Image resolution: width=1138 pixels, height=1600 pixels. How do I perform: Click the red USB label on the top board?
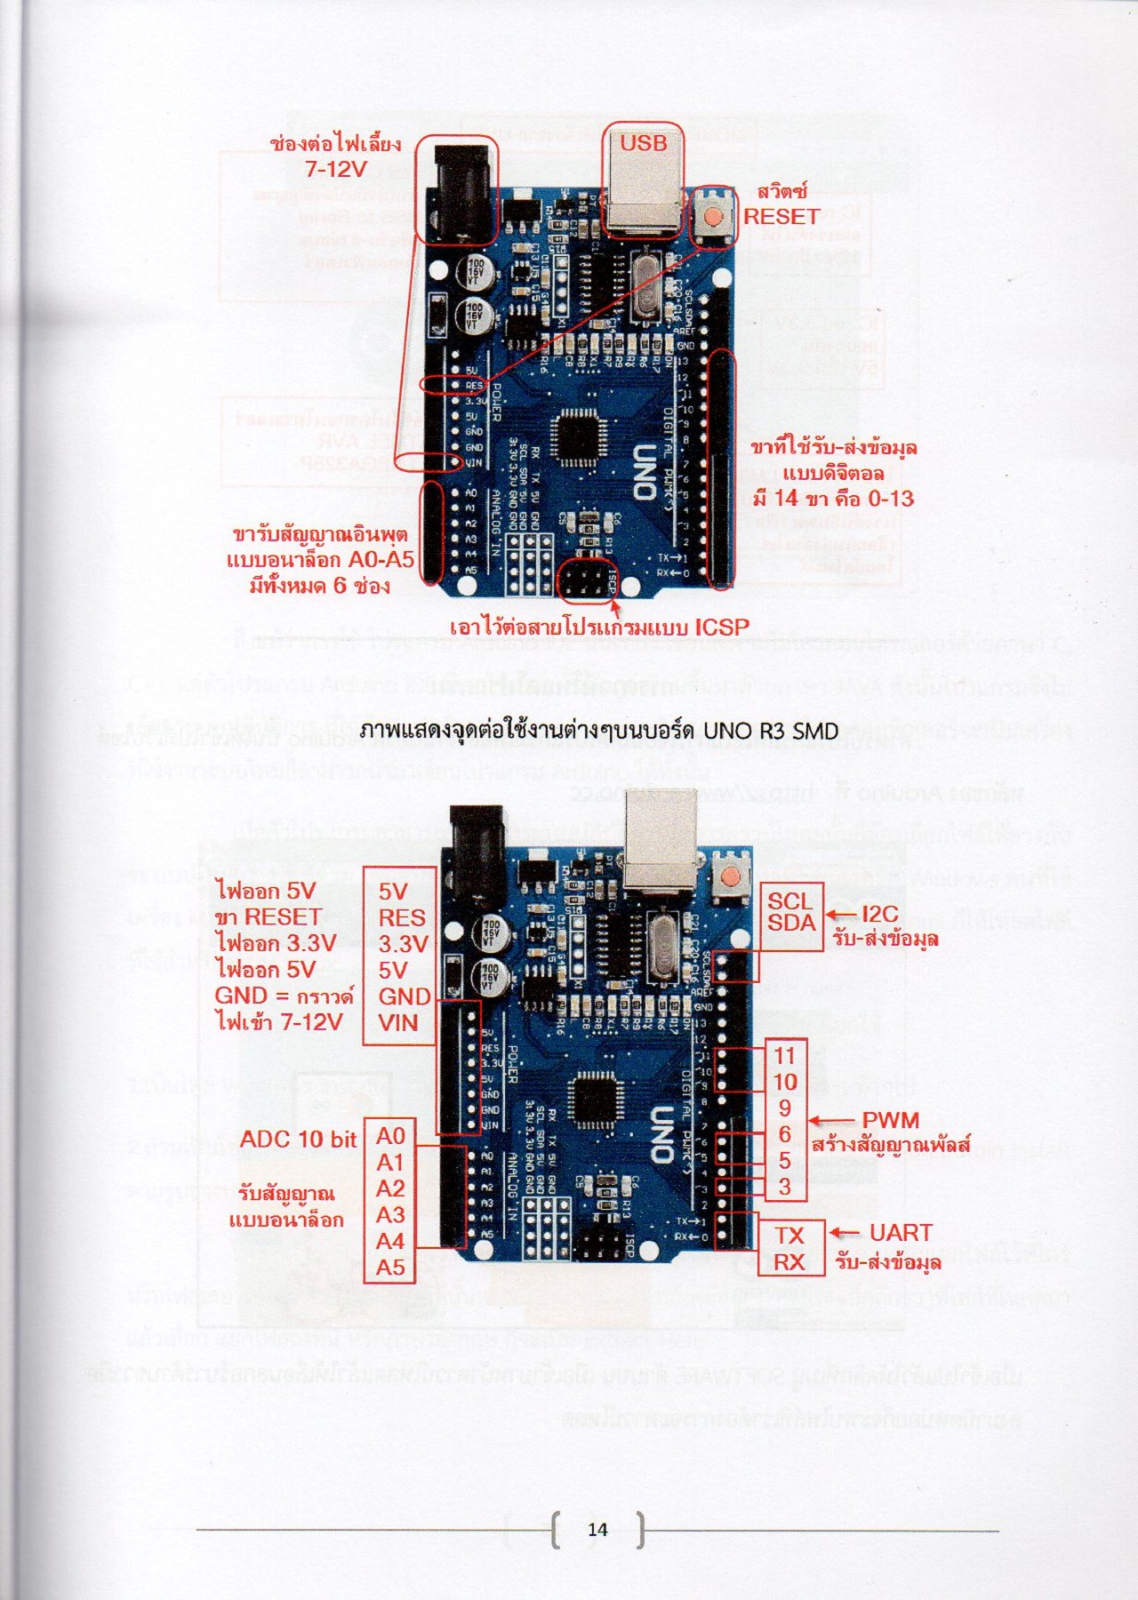coord(643,143)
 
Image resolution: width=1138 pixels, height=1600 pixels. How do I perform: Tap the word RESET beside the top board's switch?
coord(781,216)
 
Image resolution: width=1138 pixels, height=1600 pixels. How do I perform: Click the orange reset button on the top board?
coord(712,216)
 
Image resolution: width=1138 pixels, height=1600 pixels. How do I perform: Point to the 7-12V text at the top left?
coord(335,169)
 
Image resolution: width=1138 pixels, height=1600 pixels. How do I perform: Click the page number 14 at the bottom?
coord(597,1529)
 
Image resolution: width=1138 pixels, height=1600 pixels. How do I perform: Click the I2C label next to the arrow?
coord(880,914)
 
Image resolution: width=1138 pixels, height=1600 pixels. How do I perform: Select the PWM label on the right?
coord(891,1121)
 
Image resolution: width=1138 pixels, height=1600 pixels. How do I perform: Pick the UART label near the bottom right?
coord(901,1233)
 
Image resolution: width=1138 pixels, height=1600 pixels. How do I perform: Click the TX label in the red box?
coord(789,1236)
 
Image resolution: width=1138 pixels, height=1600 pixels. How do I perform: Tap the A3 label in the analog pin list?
coord(390,1215)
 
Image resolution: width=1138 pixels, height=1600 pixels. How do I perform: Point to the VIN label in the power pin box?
coord(398,1023)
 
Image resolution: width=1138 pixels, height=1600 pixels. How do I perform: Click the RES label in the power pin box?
coord(402,918)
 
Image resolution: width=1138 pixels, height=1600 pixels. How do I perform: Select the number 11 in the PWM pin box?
coord(784,1055)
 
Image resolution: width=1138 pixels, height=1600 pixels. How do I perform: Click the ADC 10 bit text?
coord(298,1140)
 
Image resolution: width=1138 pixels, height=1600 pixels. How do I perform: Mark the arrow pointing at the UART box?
coord(845,1233)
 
